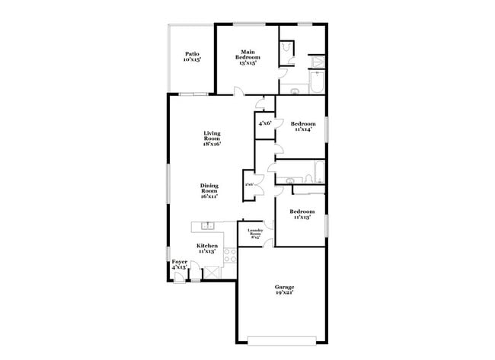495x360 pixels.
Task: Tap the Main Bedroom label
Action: coord(246,56)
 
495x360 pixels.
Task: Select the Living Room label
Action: coord(212,138)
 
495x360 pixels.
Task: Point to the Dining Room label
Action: coord(209,190)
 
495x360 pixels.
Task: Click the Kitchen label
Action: coord(207,248)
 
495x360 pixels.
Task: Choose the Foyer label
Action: coord(179,264)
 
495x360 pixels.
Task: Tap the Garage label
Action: coord(285,289)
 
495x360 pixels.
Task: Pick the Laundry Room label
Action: coord(255,234)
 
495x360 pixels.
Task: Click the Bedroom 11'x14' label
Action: coord(302,126)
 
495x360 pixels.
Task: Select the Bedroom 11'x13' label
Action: coord(302,214)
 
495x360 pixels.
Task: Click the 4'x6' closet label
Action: coord(264,123)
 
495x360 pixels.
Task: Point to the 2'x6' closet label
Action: coord(249,183)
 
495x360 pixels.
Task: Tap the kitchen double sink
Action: coord(206,225)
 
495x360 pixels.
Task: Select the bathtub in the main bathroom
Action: coord(318,82)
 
